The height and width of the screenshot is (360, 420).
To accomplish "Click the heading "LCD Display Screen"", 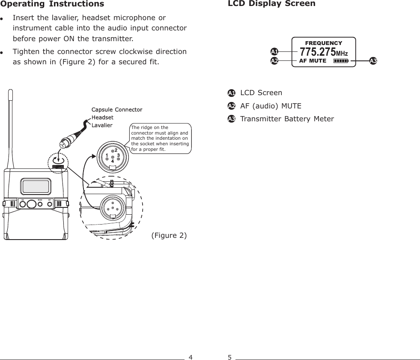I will [271, 4].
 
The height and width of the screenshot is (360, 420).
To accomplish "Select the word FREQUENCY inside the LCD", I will [323, 43].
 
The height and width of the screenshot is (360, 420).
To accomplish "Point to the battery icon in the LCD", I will [341, 61].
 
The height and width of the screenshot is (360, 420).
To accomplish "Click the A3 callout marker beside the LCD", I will [373, 61].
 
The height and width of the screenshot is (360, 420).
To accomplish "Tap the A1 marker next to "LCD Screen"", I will [231, 93].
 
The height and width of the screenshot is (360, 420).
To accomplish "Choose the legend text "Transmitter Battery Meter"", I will [287, 119].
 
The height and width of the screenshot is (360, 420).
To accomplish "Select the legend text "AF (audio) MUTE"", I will [271, 106].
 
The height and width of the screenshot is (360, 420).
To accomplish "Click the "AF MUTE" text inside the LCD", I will [312, 61].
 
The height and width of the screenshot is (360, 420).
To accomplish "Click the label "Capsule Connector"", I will [117, 110].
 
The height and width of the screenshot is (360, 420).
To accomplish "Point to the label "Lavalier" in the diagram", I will [102, 125].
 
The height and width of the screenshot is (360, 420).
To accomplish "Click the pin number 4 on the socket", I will [113, 162].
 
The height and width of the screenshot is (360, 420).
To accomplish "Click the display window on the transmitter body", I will [36, 186].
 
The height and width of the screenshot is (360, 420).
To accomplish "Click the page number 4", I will [191, 357].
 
